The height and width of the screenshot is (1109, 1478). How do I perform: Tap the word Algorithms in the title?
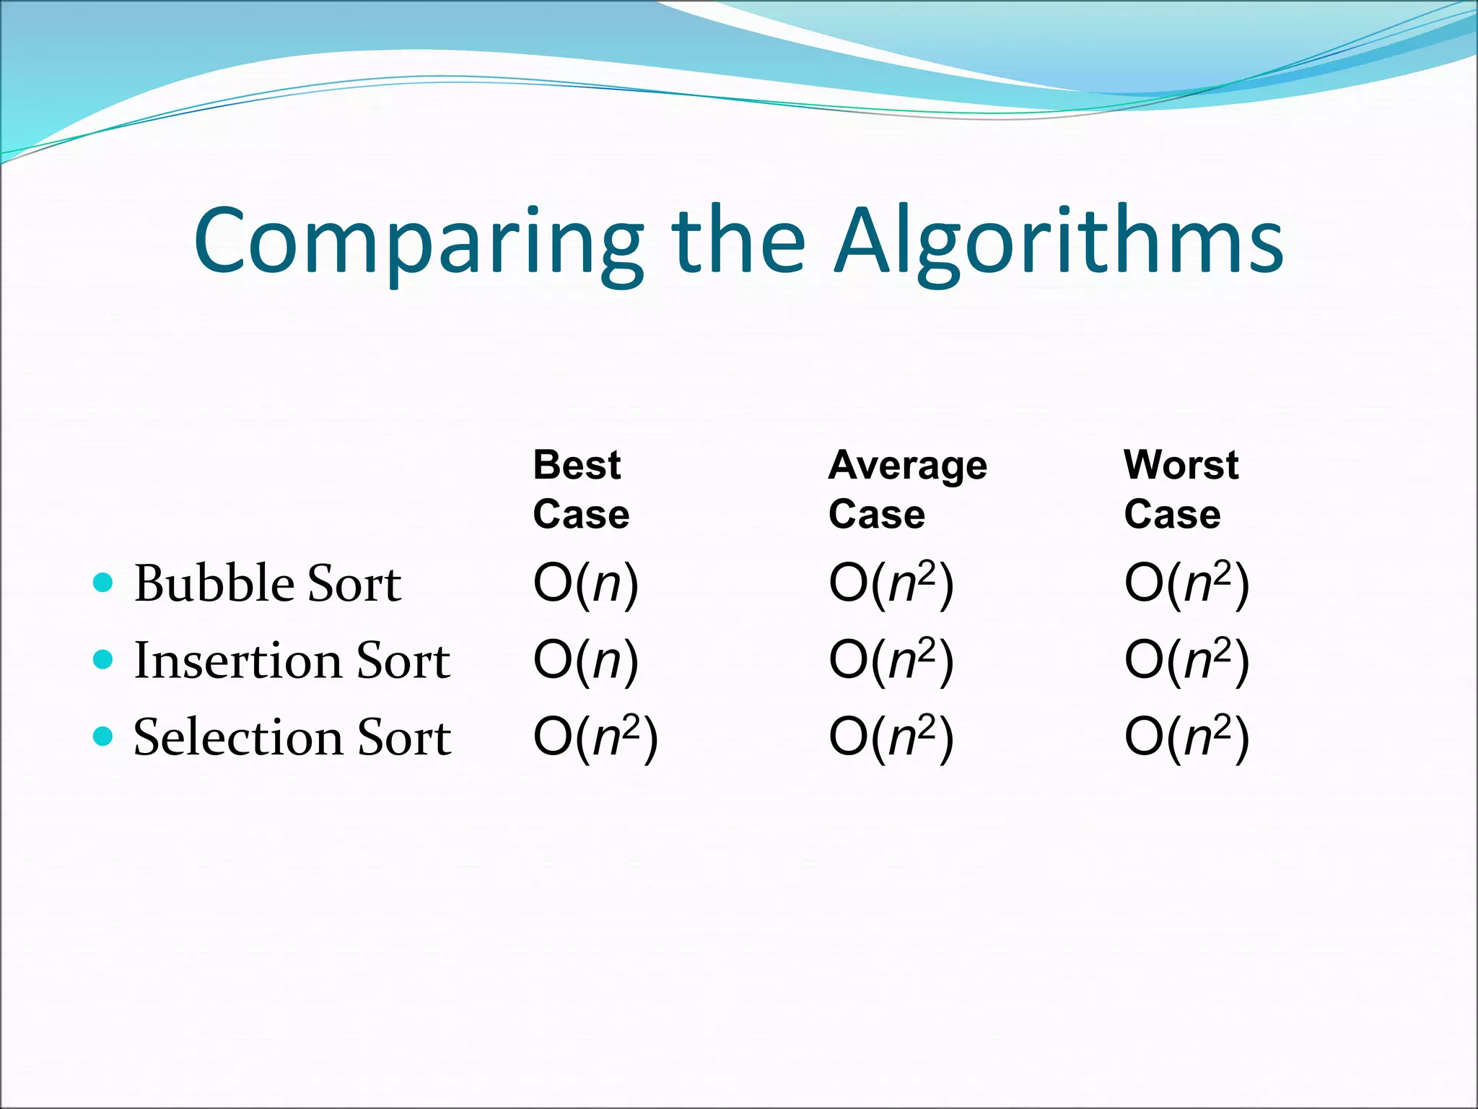1059,242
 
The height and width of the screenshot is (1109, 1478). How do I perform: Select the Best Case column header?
581,489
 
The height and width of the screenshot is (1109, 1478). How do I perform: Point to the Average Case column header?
907,489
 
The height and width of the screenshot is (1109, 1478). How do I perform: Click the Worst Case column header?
1181,489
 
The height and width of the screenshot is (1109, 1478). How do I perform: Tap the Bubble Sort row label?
267,583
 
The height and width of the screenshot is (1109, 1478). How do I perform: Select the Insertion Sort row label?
292,660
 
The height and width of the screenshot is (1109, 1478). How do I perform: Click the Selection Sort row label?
292,737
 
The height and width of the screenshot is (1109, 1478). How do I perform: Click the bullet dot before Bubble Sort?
104,582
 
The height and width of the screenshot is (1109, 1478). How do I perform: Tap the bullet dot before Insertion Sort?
104,659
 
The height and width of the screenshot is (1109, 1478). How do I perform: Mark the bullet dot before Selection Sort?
104,736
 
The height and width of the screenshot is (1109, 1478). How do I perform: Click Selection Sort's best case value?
595,737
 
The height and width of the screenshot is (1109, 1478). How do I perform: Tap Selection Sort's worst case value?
1186,737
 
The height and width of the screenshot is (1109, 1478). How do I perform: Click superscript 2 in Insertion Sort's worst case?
1222,648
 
